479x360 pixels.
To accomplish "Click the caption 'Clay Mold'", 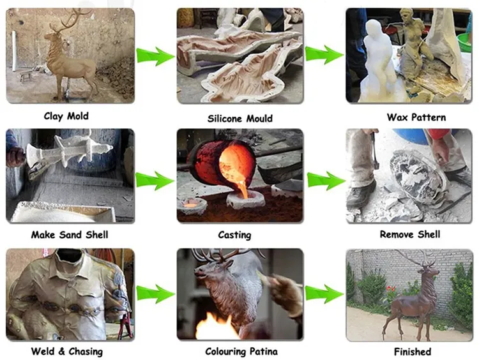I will click(x=66, y=116).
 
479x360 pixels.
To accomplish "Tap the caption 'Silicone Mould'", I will click(x=240, y=118).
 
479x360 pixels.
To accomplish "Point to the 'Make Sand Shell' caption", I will click(x=70, y=234).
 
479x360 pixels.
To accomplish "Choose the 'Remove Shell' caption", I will click(x=410, y=234).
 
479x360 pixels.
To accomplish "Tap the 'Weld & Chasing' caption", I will click(x=66, y=351).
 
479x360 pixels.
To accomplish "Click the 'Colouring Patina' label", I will click(x=240, y=351).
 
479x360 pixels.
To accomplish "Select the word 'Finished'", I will click(x=412, y=351).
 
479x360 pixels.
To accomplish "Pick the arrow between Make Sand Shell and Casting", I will click(x=155, y=181).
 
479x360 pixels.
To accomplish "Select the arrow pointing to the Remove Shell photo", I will click(x=326, y=181).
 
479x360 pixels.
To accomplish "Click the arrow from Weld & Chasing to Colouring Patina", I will click(x=155, y=294).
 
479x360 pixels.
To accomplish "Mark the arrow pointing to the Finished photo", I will click(x=326, y=294).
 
